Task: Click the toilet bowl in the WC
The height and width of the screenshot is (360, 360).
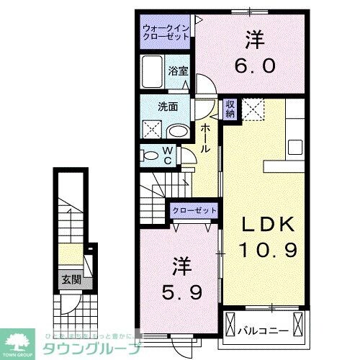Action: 150,156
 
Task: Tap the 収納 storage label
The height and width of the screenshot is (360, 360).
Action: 230,109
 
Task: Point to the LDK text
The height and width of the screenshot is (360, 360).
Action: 269,225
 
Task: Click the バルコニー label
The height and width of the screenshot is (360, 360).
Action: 263,330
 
